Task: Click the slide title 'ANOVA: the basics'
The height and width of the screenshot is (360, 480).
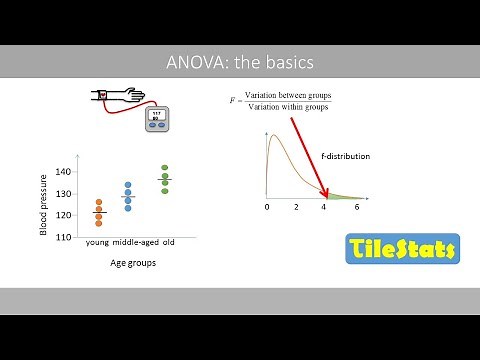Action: tap(240, 62)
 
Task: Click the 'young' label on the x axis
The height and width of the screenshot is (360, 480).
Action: tap(97, 243)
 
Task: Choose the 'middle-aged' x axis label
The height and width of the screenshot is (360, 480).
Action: tap(135, 243)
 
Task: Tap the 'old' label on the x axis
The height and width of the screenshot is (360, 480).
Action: tap(169, 243)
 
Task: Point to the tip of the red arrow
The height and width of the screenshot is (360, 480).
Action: tap(327, 194)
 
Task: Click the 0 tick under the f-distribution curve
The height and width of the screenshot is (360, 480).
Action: tap(267, 207)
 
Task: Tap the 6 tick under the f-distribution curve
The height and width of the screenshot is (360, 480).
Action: tap(357, 207)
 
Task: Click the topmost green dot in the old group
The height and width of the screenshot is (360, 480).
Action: tap(165, 168)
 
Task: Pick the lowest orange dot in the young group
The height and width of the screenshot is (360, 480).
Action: tap(98, 224)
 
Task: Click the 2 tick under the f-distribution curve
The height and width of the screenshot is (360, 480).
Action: tap(296, 207)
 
